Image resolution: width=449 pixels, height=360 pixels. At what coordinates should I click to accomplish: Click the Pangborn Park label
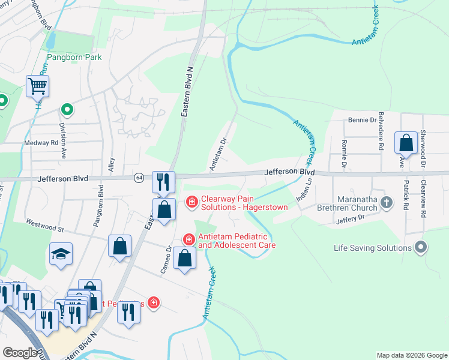[74, 57]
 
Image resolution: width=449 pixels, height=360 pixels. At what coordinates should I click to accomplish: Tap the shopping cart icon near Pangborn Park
[37, 86]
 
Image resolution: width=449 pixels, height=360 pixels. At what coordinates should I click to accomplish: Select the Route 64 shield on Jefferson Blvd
[139, 178]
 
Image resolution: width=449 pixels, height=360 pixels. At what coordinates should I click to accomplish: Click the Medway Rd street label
[41, 143]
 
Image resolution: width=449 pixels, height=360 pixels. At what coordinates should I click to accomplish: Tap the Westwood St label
[44, 226]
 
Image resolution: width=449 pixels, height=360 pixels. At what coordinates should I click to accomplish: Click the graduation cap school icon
[61, 254]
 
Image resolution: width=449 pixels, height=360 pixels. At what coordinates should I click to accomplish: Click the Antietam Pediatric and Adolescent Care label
[237, 241]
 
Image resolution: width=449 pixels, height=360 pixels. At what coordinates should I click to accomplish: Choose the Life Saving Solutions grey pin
[421, 247]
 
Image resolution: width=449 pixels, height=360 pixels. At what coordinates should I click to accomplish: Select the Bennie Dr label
[362, 120]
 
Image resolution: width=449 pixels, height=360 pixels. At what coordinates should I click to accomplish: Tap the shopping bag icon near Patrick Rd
[406, 143]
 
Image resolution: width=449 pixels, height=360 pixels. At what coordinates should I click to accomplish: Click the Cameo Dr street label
[165, 260]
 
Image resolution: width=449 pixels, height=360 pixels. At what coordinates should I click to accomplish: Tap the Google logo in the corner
[19, 353]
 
